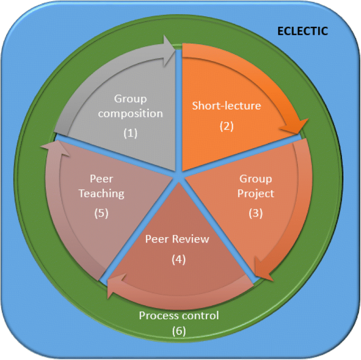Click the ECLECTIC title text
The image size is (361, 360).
(x=303, y=31)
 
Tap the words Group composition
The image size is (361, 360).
(x=139, y=106)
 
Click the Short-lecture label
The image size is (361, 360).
(x=226, y=106)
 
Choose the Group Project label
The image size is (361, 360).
(x=256, y=186)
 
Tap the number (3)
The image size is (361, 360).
(x=255, y=213)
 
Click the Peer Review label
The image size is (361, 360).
(x=177, y=239)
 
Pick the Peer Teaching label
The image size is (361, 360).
(x=102, y=186)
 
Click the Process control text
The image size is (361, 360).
(x=179, y=316)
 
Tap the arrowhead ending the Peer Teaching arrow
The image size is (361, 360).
(x=49, y=149)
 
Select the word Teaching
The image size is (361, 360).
(x=102, y=193)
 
